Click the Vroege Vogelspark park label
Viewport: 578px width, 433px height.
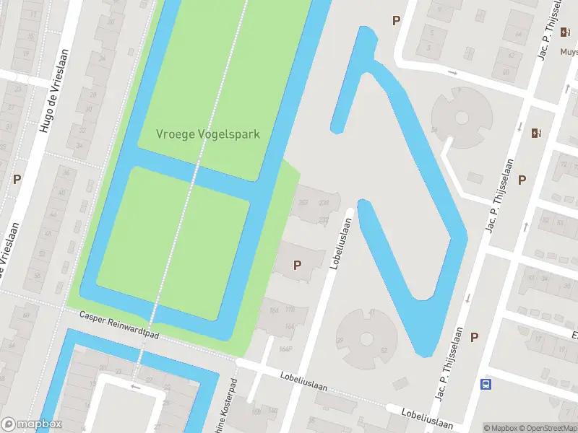[208, 134]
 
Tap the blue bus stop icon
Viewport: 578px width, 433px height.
[487, 384]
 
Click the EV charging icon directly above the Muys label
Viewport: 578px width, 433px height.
[535, 132]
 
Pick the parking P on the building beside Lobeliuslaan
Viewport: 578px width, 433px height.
[297, 265]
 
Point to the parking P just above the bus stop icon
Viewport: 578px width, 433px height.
[475, 337]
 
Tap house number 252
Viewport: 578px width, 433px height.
[303, 202]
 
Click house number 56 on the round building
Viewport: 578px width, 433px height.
[434, 130]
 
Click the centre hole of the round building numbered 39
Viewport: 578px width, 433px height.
[366, 338]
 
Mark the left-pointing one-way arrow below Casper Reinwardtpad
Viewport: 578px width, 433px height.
[136, 386]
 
